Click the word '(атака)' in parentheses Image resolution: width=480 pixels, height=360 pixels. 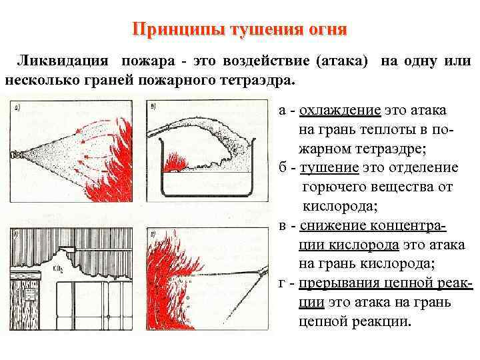(340, 61)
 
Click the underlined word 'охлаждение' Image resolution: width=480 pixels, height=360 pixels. (340, 111)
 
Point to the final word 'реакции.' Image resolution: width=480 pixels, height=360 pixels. (380, 321)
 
